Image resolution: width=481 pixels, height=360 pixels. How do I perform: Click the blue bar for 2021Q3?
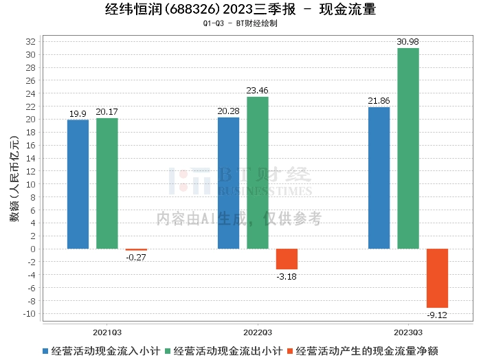click(x=78, y=184)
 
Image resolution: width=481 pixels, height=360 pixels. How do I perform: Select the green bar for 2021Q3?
click(x=107, y=183)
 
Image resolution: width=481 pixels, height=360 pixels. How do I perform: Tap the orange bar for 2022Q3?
click(x=287, y=259)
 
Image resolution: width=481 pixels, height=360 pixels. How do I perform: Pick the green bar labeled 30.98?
click(x=407, y=148)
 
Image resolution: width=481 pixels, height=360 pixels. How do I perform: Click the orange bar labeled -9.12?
click(x=437, y=278)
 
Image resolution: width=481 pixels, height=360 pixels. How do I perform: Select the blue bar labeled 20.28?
click(x=228, y=183)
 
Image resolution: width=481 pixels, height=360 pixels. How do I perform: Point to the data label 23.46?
click(x=258, y=90)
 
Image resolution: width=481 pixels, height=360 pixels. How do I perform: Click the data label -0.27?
click(x=136, y=257)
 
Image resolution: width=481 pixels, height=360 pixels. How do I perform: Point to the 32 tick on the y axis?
click(x=31, y=42)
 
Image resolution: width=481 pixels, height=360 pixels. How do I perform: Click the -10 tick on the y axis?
click(x=29, y=314)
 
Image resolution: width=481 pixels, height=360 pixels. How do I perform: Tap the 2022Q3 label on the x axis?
click(x=258, y=330)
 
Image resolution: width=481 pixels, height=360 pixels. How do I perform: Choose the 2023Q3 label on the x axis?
click(x=408, y=330)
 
